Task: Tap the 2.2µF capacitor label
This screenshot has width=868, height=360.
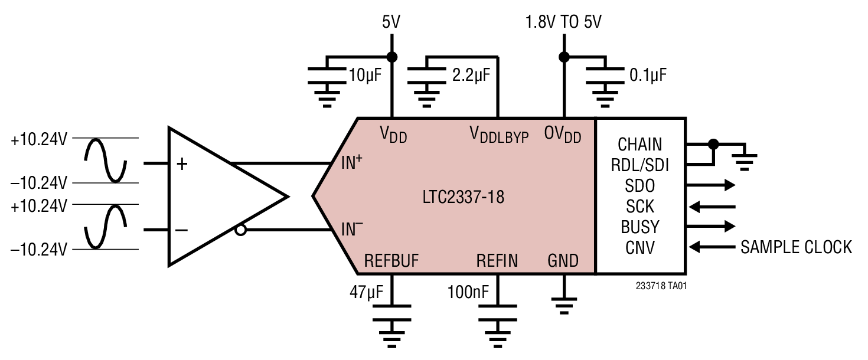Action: click(471, 76)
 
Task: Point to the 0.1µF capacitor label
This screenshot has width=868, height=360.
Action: click(648, 76)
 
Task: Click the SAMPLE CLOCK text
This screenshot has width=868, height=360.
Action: click(796, 247)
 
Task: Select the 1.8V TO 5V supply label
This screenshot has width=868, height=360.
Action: click(563, 23)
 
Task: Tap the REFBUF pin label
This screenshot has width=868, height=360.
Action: click(391, 260)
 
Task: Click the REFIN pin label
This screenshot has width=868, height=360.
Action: click(497, 260)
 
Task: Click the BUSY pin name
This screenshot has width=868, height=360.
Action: click(640, 227)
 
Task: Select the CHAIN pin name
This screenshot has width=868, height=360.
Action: click(640, 145)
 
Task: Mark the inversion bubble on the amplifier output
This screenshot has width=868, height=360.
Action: click(240, 230)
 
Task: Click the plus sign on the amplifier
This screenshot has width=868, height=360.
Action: click(182, 164)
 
